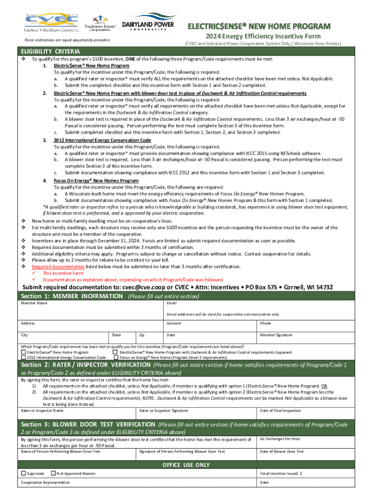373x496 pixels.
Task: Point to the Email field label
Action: pos(171,303)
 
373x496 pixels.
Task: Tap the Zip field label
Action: pos(141,335)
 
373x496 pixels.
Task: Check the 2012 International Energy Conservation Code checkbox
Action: pos(24,357)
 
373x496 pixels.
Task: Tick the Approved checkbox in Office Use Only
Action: pos(23,473)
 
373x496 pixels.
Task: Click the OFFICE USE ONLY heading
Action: pos(186,465)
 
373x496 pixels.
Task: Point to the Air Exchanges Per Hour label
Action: pos(280,439)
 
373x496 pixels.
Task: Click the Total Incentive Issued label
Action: pos(281,473)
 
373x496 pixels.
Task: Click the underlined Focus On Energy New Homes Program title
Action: pos(96,181)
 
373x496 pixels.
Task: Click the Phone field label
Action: pos(265,323)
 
